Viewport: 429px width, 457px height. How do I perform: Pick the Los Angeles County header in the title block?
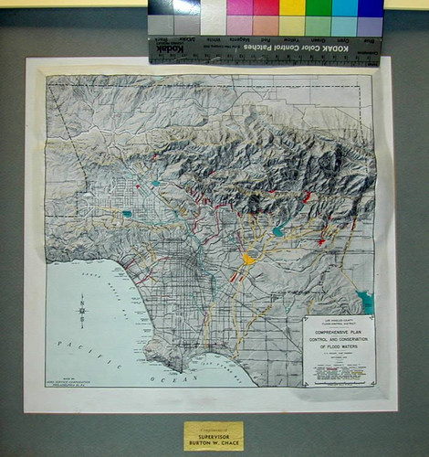338,319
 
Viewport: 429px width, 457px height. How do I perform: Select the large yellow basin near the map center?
247,260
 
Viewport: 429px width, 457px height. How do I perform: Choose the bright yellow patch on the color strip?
293,8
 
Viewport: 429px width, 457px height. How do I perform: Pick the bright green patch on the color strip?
319,8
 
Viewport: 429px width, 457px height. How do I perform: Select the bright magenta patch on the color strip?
240,8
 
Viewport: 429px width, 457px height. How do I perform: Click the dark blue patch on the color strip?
371,8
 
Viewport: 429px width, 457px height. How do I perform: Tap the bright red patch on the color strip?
267,8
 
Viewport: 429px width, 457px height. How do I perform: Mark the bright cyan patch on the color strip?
345,8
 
